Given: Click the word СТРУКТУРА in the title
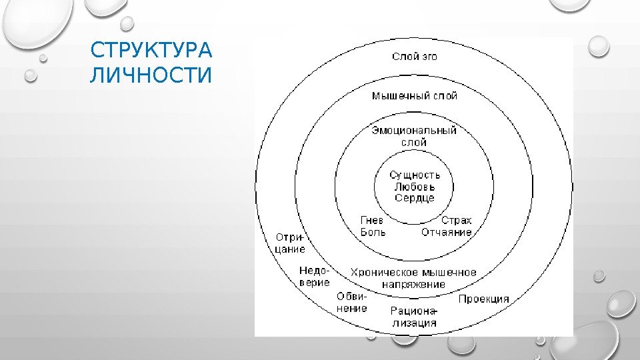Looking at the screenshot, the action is click(151, 51).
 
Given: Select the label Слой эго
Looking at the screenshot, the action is click(414, 57).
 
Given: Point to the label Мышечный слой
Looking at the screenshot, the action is click(414, 96).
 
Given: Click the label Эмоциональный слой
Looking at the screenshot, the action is click(414, 136).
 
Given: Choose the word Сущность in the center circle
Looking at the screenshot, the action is click(415, 175).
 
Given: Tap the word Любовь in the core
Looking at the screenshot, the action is click(415, 187).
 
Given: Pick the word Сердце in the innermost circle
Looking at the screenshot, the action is click(415, 198).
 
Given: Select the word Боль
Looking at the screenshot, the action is click(373, 233).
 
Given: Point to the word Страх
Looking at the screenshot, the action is click(456, 220).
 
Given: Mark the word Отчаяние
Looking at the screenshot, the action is click(446, 233).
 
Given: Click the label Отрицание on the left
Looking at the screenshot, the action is click(290, 243).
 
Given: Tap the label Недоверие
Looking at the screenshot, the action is click(314, 276).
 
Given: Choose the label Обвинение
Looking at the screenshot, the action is click(352, 303).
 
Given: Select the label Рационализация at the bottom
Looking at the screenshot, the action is click(414, 317).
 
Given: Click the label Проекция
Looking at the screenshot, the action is click(483, 299).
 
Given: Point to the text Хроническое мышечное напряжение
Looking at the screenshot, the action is click(414, 278).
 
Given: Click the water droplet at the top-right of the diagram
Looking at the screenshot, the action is click(599, 45).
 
